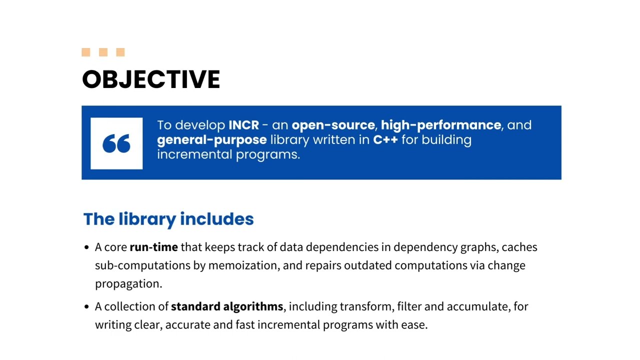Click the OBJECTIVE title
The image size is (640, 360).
click(x=151, y=79)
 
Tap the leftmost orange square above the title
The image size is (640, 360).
click(x=86, y=52)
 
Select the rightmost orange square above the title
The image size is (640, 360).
click(x=120, y=52)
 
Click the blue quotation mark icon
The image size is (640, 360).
click(x=116, y=143)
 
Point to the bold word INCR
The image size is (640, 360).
click(x=243, y=125)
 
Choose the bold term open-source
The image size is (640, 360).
click(x=333, y=125)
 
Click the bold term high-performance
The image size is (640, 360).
click(x=440, y=125)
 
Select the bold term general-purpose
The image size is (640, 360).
click(x=211, y=139)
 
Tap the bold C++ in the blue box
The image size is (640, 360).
click(x=385, y=139)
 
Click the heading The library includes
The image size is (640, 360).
click(x=168, y=219)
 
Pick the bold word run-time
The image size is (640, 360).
click(x=153, y=247)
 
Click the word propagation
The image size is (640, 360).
click(x=127, y=283)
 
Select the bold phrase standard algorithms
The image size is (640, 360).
click(x=227, y=306)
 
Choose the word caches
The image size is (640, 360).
click(x=519, y=247)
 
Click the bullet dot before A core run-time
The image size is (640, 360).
click(x=87, y=247)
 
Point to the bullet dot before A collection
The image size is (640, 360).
click(x=87, y=306)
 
